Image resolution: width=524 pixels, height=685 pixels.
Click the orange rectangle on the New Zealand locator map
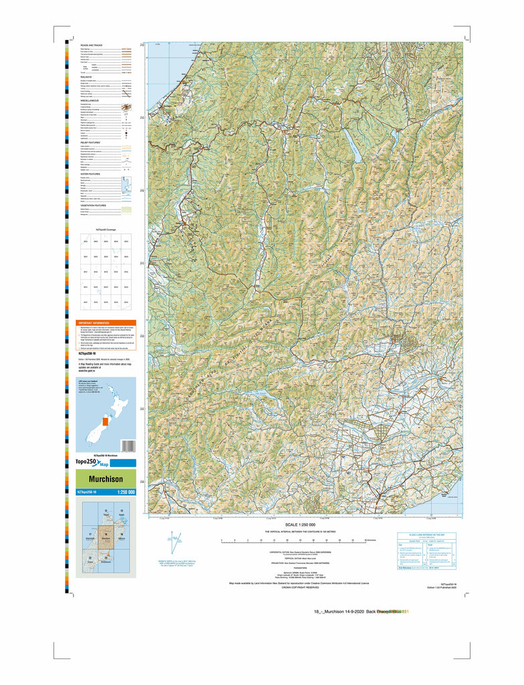(x=104, y=422)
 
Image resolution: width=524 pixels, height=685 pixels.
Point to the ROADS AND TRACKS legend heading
(x=92, y=45)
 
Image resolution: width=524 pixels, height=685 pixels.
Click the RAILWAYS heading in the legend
(x=86, y=77)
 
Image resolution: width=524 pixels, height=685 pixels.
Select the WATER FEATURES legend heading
(x=90, y=173)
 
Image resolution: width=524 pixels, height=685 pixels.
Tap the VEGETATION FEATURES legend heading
(x=94, y=205)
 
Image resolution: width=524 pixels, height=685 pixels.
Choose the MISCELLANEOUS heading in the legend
(x=90, y=100)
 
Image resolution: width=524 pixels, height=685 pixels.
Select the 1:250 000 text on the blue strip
(x=126, y=492)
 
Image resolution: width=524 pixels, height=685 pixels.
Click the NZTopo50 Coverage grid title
(x=104, y=229)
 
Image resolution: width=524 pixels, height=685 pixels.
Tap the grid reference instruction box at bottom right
(x=426, y=552)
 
